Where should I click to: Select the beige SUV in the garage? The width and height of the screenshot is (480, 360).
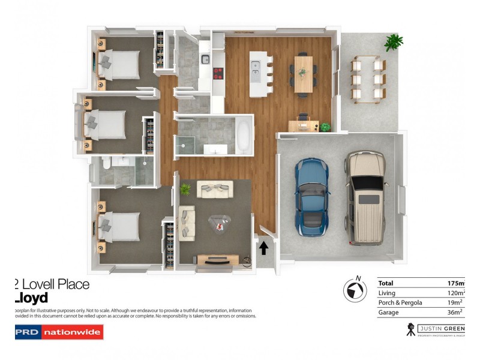(365, 197)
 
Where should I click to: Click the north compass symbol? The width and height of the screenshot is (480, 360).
(355, 290)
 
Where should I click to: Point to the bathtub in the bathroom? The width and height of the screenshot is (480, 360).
(244, 136)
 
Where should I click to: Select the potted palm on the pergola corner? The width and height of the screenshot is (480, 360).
(394, 41)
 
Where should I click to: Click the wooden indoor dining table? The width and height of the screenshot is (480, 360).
(304, 73)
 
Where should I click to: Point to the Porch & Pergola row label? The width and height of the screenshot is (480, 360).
(400, 302)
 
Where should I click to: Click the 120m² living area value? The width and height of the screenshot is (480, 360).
(454, 293)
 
